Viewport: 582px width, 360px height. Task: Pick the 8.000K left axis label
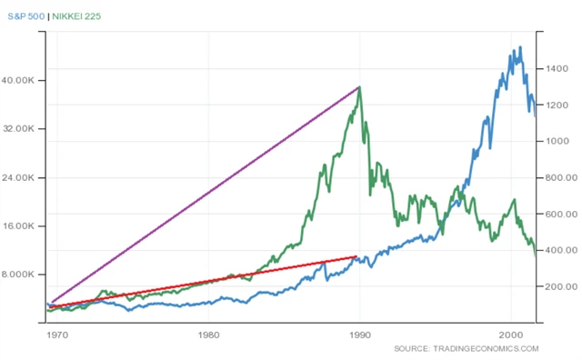20,275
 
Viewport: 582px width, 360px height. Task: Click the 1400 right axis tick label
557,69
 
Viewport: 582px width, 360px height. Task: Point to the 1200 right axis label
557,105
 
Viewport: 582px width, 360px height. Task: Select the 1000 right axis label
557,142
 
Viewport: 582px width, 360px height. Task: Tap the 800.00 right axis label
559,178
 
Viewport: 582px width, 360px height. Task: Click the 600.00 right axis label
559,215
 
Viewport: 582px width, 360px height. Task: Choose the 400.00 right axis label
559,250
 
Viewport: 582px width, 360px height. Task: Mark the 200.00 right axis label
559,286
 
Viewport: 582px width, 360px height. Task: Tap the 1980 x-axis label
209,334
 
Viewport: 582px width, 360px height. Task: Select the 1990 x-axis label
360,334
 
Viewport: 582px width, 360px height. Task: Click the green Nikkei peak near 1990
360,87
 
